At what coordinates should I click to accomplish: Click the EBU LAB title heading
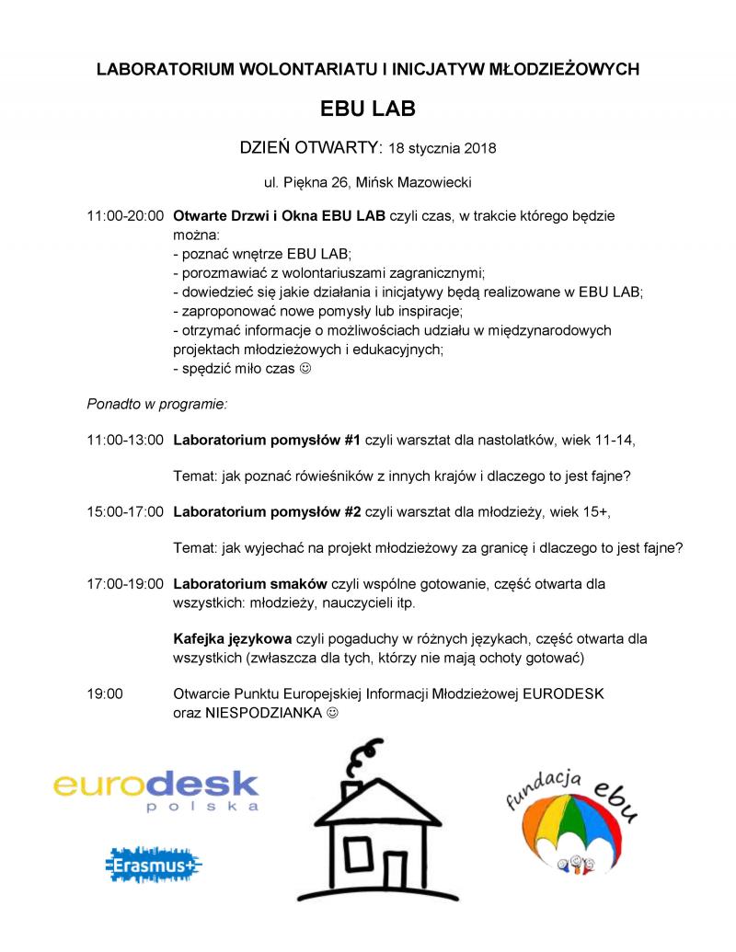click(368, 109)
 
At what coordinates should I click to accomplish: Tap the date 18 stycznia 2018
click(443, 147)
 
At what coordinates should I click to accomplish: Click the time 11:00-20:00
click(125, 216)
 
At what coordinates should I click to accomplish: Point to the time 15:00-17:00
click(125, 510)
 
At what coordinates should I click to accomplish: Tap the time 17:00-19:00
click(125, 583)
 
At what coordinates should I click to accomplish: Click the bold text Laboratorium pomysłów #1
click(267, 439)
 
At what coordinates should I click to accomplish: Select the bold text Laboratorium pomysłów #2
click(267, 510)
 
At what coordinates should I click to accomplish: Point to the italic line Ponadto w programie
click(156, 403)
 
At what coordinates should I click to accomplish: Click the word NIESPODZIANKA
click(264, 711)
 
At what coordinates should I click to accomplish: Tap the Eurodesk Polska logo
click(155, 790)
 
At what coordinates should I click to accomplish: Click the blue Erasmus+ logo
click(154, 866)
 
